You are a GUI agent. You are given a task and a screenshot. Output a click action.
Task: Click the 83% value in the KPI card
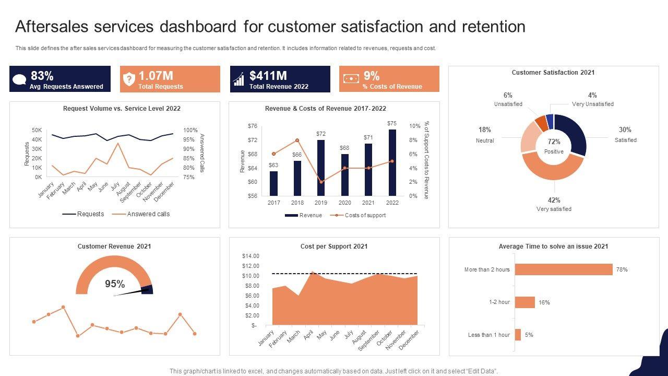[x=42, y=76]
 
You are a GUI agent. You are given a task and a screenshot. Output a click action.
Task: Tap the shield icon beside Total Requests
[x=128, y=79]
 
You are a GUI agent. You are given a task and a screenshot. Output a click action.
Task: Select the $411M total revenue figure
[x=268, y=76]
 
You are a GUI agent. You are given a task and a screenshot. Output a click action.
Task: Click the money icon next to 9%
[x=351, y=79]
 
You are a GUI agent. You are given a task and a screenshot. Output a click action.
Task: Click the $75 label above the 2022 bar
[x=392, y=123]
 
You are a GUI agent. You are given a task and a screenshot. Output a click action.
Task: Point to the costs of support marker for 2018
[x=297, y=140]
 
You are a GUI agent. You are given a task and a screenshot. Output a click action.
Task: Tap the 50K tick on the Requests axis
[x=37, y=130]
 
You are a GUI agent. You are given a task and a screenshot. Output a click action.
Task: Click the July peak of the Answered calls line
[x=118, y=144]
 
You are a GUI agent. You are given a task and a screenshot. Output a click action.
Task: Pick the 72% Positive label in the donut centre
[x=554, y=145]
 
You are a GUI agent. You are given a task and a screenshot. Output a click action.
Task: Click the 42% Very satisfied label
[x=554, y=204]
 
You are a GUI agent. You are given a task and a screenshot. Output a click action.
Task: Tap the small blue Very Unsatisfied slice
[x=550, y=121]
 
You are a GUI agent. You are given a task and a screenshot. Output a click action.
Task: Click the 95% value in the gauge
[x=115, y=284]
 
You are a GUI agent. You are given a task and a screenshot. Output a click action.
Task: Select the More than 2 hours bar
[x=564, y=269]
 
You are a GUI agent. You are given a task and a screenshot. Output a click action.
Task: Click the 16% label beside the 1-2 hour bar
[x=544, y=302]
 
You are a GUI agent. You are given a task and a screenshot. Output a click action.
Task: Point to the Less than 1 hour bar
[x=518, y=335]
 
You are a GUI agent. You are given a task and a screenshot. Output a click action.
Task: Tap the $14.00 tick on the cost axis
[x=250, y=256]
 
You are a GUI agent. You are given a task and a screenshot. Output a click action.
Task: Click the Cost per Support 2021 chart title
[x=334, y=246]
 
